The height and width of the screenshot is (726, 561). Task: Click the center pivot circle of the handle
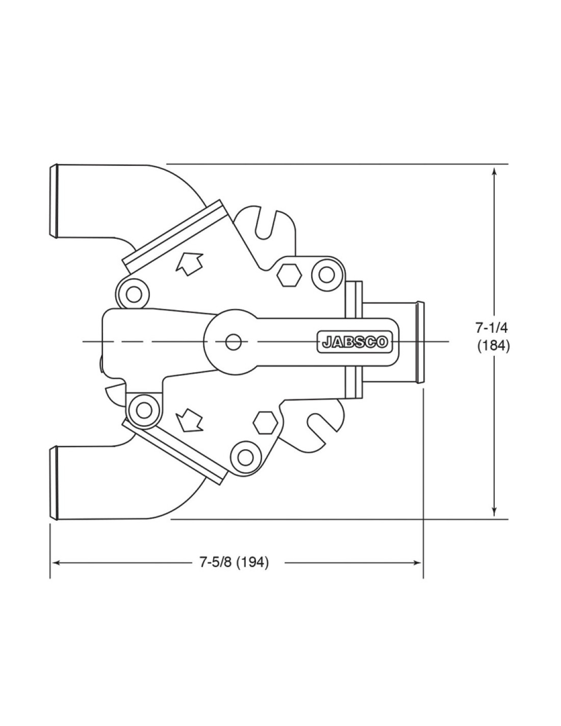[233, 342]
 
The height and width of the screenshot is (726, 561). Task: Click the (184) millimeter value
[493, 346]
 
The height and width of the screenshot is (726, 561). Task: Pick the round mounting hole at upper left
[134, 294]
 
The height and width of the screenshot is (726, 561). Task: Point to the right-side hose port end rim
[420, 342]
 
